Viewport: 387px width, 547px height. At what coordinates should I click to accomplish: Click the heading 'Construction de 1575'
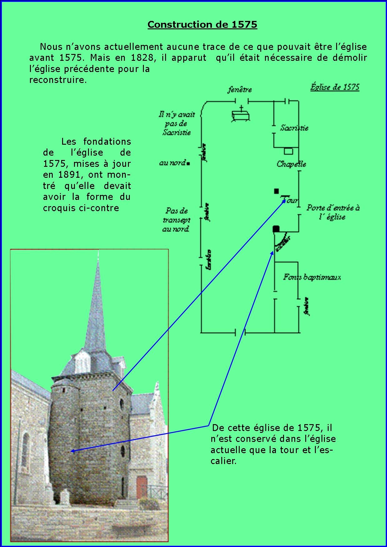coord(202,25)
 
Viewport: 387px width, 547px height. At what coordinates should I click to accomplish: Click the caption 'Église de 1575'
coord(335,87)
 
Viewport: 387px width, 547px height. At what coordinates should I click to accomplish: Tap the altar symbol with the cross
coord(241,115)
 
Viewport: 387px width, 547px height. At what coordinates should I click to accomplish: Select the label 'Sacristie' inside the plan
coord(294,128)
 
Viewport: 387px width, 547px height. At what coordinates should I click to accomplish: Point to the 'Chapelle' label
coord(291,164)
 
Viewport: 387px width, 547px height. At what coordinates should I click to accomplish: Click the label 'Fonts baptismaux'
coord(312,277)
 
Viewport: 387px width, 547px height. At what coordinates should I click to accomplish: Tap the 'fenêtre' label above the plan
coord(239,90)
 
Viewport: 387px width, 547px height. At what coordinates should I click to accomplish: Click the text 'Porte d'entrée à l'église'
coord(333,212)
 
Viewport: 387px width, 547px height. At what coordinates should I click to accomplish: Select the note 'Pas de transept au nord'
coord(176,220)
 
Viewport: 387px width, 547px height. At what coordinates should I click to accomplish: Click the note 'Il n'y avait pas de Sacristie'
coord(177,123)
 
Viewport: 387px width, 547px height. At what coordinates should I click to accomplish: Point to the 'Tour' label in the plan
coord(292,201)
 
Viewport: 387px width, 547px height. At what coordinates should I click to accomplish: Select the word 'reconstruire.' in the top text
coord(58,80)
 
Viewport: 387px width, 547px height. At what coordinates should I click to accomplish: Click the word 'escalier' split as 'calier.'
coord(223,461)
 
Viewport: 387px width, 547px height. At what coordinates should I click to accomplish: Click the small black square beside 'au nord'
coord(189,163)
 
